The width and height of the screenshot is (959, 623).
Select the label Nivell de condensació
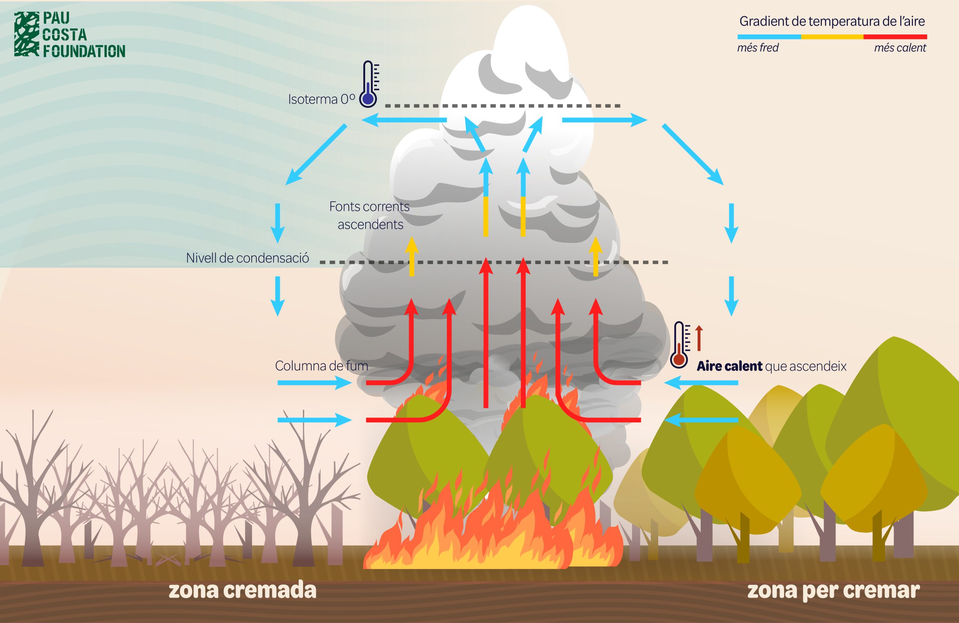(247, 258)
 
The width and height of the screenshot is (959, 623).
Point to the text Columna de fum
(321, 366)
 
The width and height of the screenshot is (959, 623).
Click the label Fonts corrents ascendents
(370, 215)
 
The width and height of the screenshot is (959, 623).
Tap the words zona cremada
(242, 590)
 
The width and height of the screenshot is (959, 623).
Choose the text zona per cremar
(833, 591)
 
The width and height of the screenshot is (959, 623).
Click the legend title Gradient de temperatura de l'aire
(832, 21)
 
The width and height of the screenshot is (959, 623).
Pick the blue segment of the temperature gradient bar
(769, 37)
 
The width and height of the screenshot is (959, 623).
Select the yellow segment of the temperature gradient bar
(832, 37)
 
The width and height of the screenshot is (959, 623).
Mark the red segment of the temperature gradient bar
(895, 37)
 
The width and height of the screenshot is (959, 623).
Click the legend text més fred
(758, 48)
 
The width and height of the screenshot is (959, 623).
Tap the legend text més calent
(900, 48)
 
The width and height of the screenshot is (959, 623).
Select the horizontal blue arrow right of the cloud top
(604, 120)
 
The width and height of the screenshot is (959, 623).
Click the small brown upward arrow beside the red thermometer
(699, 338)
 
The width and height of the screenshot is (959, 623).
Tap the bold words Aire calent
(730, 366)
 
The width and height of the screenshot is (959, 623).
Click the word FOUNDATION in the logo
(84, 52)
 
